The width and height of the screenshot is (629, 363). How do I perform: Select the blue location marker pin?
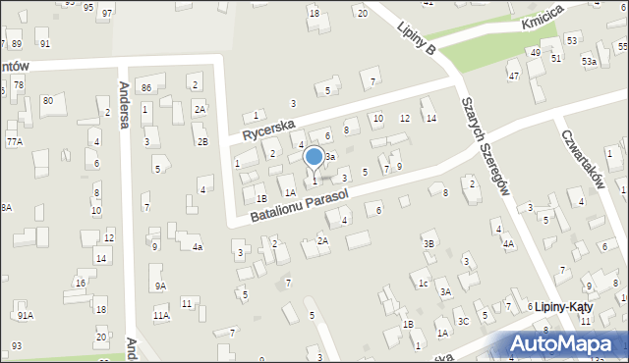point(314,159)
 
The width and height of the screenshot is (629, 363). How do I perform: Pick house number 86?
point(146,88)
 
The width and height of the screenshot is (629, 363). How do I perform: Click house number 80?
point(47,101)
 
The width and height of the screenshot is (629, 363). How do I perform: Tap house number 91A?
point(26,315)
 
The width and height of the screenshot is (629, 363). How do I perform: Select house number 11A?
point(161,316)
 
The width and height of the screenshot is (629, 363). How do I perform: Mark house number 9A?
point(159,285)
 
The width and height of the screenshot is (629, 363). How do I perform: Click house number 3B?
point(429,243)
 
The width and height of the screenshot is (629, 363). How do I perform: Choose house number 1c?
point(423,284)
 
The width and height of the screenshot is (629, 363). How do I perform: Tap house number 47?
point(513,76)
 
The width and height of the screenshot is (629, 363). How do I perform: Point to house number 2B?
point(201,142)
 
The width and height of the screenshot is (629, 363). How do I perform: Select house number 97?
point(106,14)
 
